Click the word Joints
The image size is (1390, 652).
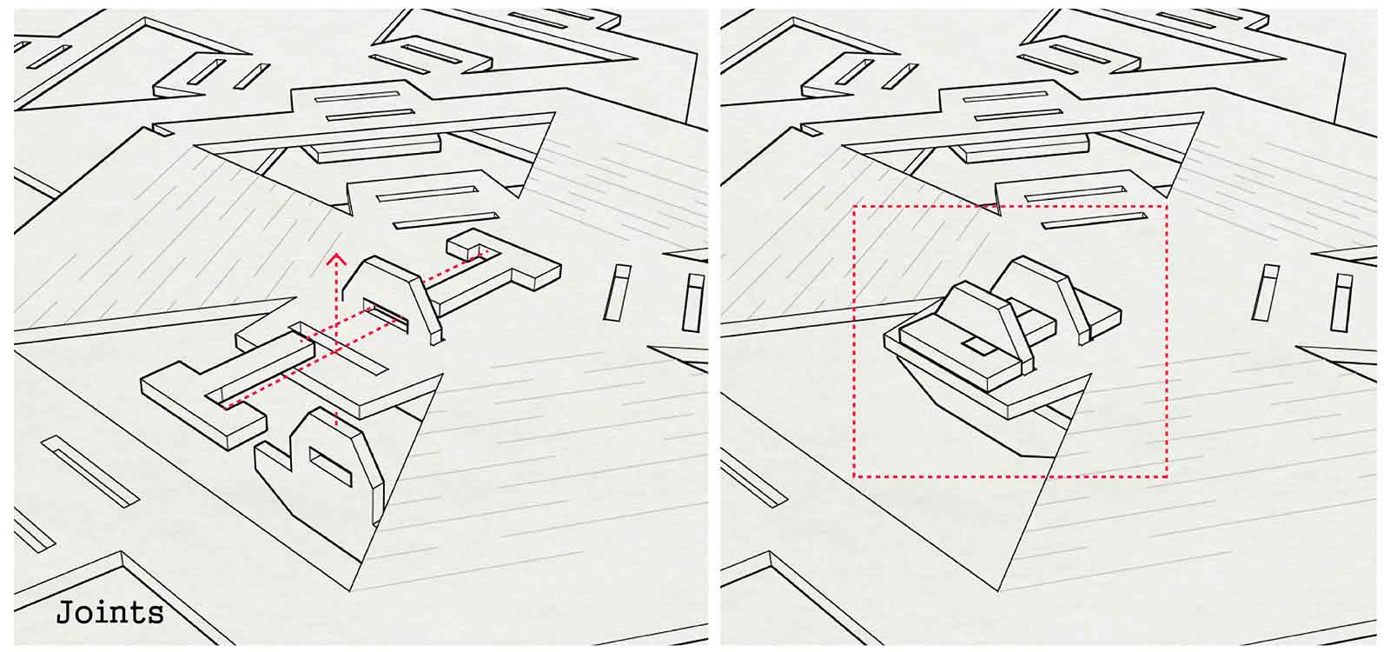[x=109, y=614]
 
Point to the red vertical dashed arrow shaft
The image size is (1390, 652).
[x=336, y=342]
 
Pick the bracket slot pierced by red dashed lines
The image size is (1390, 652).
[x=386, y=316]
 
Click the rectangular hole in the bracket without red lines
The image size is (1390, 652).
[x=330, y=466]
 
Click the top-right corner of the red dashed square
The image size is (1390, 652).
[x=1167, y=206]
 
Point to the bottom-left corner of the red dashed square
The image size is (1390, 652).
[x=855, y=476]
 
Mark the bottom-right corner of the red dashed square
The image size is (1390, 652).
[x=1167, y=476]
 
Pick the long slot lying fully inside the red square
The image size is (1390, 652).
[x=1095, y=221]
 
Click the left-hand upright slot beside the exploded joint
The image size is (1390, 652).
[x=617, y=292]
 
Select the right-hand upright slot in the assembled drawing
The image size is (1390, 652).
[x=1343, y=303]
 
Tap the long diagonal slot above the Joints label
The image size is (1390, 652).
[x=90, y=471]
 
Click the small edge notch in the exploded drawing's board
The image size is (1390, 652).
[x=162, y=130]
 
